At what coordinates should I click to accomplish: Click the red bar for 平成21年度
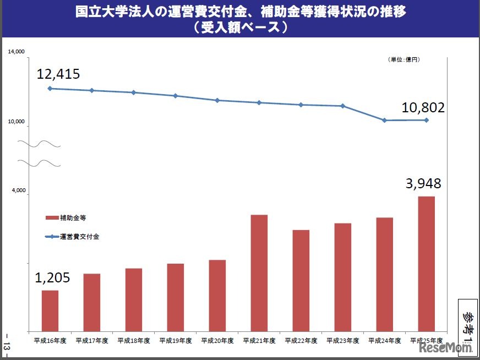259,273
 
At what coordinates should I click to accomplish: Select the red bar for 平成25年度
426,264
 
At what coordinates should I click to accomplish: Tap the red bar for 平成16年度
50,310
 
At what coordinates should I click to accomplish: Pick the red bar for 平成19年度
175,297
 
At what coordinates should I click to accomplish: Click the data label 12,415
58,73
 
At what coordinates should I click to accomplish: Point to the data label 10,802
423,108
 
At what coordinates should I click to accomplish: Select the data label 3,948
423,184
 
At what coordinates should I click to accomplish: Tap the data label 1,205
52,278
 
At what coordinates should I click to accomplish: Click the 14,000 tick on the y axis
17,52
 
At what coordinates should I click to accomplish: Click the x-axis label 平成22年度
301,341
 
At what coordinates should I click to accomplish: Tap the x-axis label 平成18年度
134,341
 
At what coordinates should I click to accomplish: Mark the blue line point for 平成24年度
384,120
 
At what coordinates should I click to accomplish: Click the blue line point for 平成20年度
217,100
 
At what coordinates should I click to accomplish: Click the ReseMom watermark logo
446,348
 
